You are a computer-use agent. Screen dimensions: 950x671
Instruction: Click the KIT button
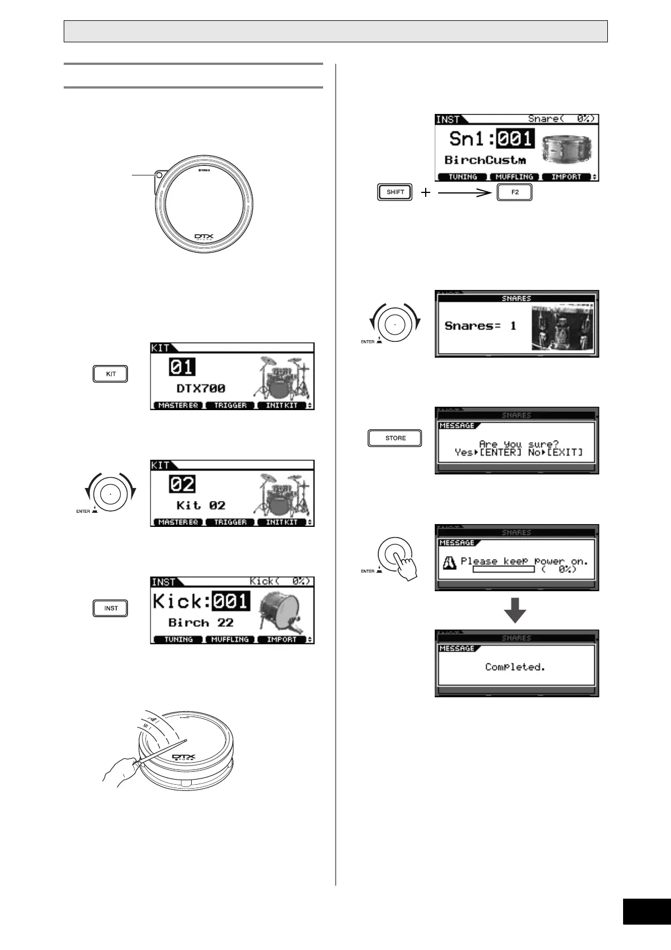point(111,374)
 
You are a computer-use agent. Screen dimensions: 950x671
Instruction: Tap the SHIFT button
point(395,192)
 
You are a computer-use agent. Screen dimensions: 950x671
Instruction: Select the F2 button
point(515,192)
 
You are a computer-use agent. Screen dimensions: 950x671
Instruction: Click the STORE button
point(395,438)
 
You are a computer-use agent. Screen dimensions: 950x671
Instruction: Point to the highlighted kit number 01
point(182,367)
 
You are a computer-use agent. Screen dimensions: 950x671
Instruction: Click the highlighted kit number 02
point(182,485)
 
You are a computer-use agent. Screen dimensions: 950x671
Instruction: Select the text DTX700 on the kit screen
point(201,388)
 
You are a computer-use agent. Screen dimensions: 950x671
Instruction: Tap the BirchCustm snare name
point(485,160)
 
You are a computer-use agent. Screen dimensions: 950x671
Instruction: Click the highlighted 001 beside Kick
point(231,601)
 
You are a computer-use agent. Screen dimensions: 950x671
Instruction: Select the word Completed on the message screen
point(515,667)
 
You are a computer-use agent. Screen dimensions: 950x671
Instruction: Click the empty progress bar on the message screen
point(504,570)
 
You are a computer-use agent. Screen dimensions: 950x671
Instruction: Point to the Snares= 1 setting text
point(480,326)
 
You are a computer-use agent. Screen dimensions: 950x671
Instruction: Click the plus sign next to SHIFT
point(426,192)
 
